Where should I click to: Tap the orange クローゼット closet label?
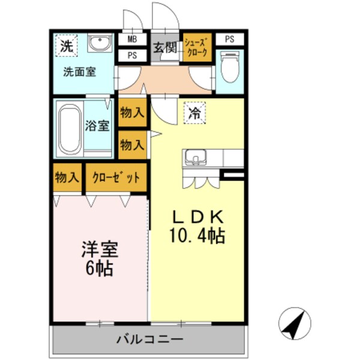pyautogui.click(x=116, y=178)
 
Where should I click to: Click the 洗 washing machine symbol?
pyautogui.click(x=67, y=45)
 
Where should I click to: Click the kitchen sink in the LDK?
pyautogui.click(x=195, y=158)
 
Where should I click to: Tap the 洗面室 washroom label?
pyautogui.click(x=80, y=72)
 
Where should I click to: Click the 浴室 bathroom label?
pyautogui.click(x=97, y=127)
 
